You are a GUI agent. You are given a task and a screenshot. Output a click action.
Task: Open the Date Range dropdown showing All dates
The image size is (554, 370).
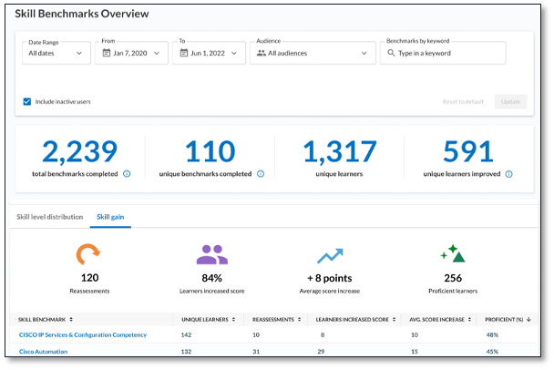[x=56, y=53]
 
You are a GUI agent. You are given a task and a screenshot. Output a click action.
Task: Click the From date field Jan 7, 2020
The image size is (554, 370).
[x=133, y=53]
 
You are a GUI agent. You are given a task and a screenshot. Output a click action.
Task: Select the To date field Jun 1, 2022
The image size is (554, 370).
[x=209, y=53]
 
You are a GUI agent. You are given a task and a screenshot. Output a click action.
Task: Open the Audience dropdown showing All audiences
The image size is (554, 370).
[x=313, y=53]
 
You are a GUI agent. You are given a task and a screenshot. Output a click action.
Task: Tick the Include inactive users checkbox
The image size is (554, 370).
[x=27, y=101]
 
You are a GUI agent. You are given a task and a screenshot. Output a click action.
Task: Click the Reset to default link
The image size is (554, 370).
[x=463, y=101]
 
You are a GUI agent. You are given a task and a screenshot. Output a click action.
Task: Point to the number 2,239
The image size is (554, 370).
[x=80, y=151]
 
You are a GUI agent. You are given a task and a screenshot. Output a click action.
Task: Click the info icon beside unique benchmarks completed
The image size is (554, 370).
[x=261, y=173]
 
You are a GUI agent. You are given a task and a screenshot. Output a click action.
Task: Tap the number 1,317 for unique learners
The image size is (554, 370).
[x=339, y=151]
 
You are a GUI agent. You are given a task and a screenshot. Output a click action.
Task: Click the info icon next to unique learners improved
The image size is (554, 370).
[x=508, y=173]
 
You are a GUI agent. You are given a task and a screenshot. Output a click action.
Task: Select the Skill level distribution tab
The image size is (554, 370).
[x=50, y=217]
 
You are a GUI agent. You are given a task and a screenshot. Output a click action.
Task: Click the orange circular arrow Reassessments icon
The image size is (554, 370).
[x=87, y=254]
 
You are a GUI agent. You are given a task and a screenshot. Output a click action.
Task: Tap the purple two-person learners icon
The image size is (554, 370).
[x=212, y=254]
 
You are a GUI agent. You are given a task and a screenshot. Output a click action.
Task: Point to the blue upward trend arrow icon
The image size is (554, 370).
[x=329, y=255]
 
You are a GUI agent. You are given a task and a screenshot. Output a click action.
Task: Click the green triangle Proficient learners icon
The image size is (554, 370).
[x=452, y=254]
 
